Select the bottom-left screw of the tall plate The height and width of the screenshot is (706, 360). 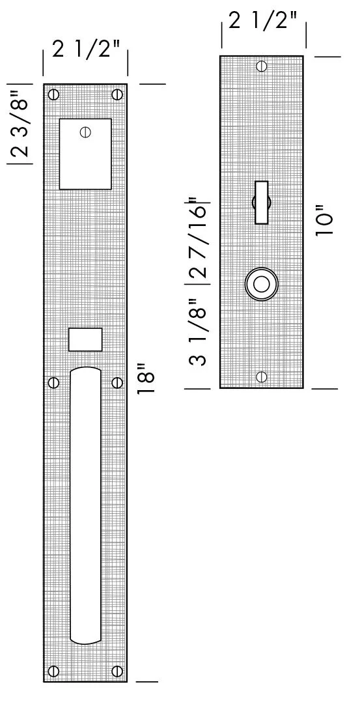click(54, 671)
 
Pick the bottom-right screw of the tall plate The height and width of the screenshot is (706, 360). click(117, 671)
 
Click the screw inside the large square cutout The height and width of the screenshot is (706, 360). click(85, 132)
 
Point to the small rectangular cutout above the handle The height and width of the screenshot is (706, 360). click(85, 340)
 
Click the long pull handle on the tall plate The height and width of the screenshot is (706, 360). click(85, 505)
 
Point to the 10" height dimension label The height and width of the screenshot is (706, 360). click(324, 223)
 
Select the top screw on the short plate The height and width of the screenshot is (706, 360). click(262, 66)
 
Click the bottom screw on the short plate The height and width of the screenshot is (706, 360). click(262, 376)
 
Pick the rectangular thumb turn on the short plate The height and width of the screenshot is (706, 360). click(262, 202)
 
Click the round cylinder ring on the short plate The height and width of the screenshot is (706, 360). click(262, 285)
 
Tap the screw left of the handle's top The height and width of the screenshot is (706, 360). click(54, 382)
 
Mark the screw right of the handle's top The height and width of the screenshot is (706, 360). click(117, 382)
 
